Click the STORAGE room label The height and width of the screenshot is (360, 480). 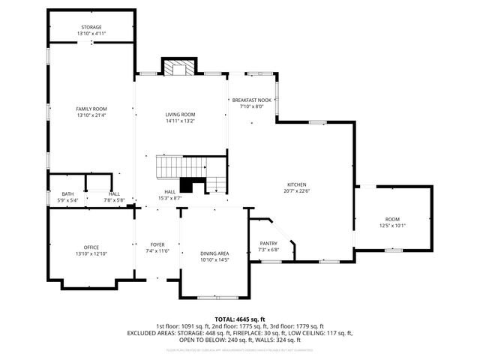(x=91, y=28)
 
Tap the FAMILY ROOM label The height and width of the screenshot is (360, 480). (x=91, y=109)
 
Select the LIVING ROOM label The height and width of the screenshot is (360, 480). (x=180, y=115)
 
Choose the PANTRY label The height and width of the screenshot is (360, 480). (x=268, y=243)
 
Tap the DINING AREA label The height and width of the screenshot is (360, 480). (x=214, y=253)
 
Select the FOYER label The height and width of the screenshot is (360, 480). (x=157, y=244)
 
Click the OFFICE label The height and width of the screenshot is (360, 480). (x=91, y=247)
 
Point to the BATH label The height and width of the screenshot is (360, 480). (x=67, y=195)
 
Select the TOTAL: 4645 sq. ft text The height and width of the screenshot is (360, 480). (x=240, y=319)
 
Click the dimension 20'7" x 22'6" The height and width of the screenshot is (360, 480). (x=297, y=190)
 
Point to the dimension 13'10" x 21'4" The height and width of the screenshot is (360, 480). (x=91, y=115)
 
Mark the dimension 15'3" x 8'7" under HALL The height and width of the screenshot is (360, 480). (x=170, y=198)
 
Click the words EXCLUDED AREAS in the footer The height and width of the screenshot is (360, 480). (x=151, y=332)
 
